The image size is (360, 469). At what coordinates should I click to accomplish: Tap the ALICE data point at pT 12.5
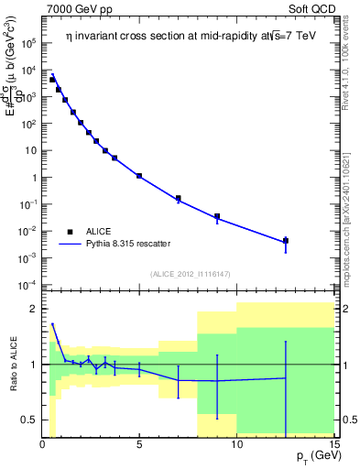(286, 241)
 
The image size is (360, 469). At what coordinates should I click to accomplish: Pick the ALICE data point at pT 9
(217, 217)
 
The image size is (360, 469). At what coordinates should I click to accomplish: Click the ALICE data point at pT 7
(179, 198)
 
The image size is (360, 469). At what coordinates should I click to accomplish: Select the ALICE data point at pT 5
(139, 175)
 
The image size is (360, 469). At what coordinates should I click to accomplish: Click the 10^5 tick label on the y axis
(27, 43)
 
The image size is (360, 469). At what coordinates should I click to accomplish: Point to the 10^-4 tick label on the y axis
(27, 284)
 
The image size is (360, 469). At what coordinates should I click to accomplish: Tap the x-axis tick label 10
(236, 444)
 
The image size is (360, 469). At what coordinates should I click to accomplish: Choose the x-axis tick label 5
(139, 444)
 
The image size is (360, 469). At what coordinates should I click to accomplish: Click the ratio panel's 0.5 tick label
(27, 420)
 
